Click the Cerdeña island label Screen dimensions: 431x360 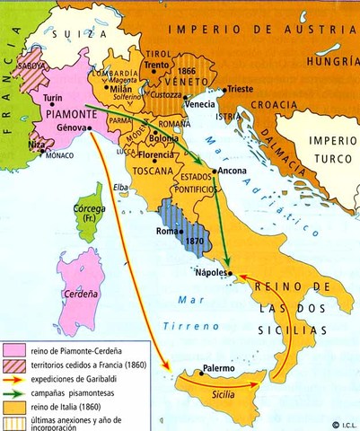[75, 292]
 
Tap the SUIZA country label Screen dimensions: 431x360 [73, 33]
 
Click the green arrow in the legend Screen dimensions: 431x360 [13, 392]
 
